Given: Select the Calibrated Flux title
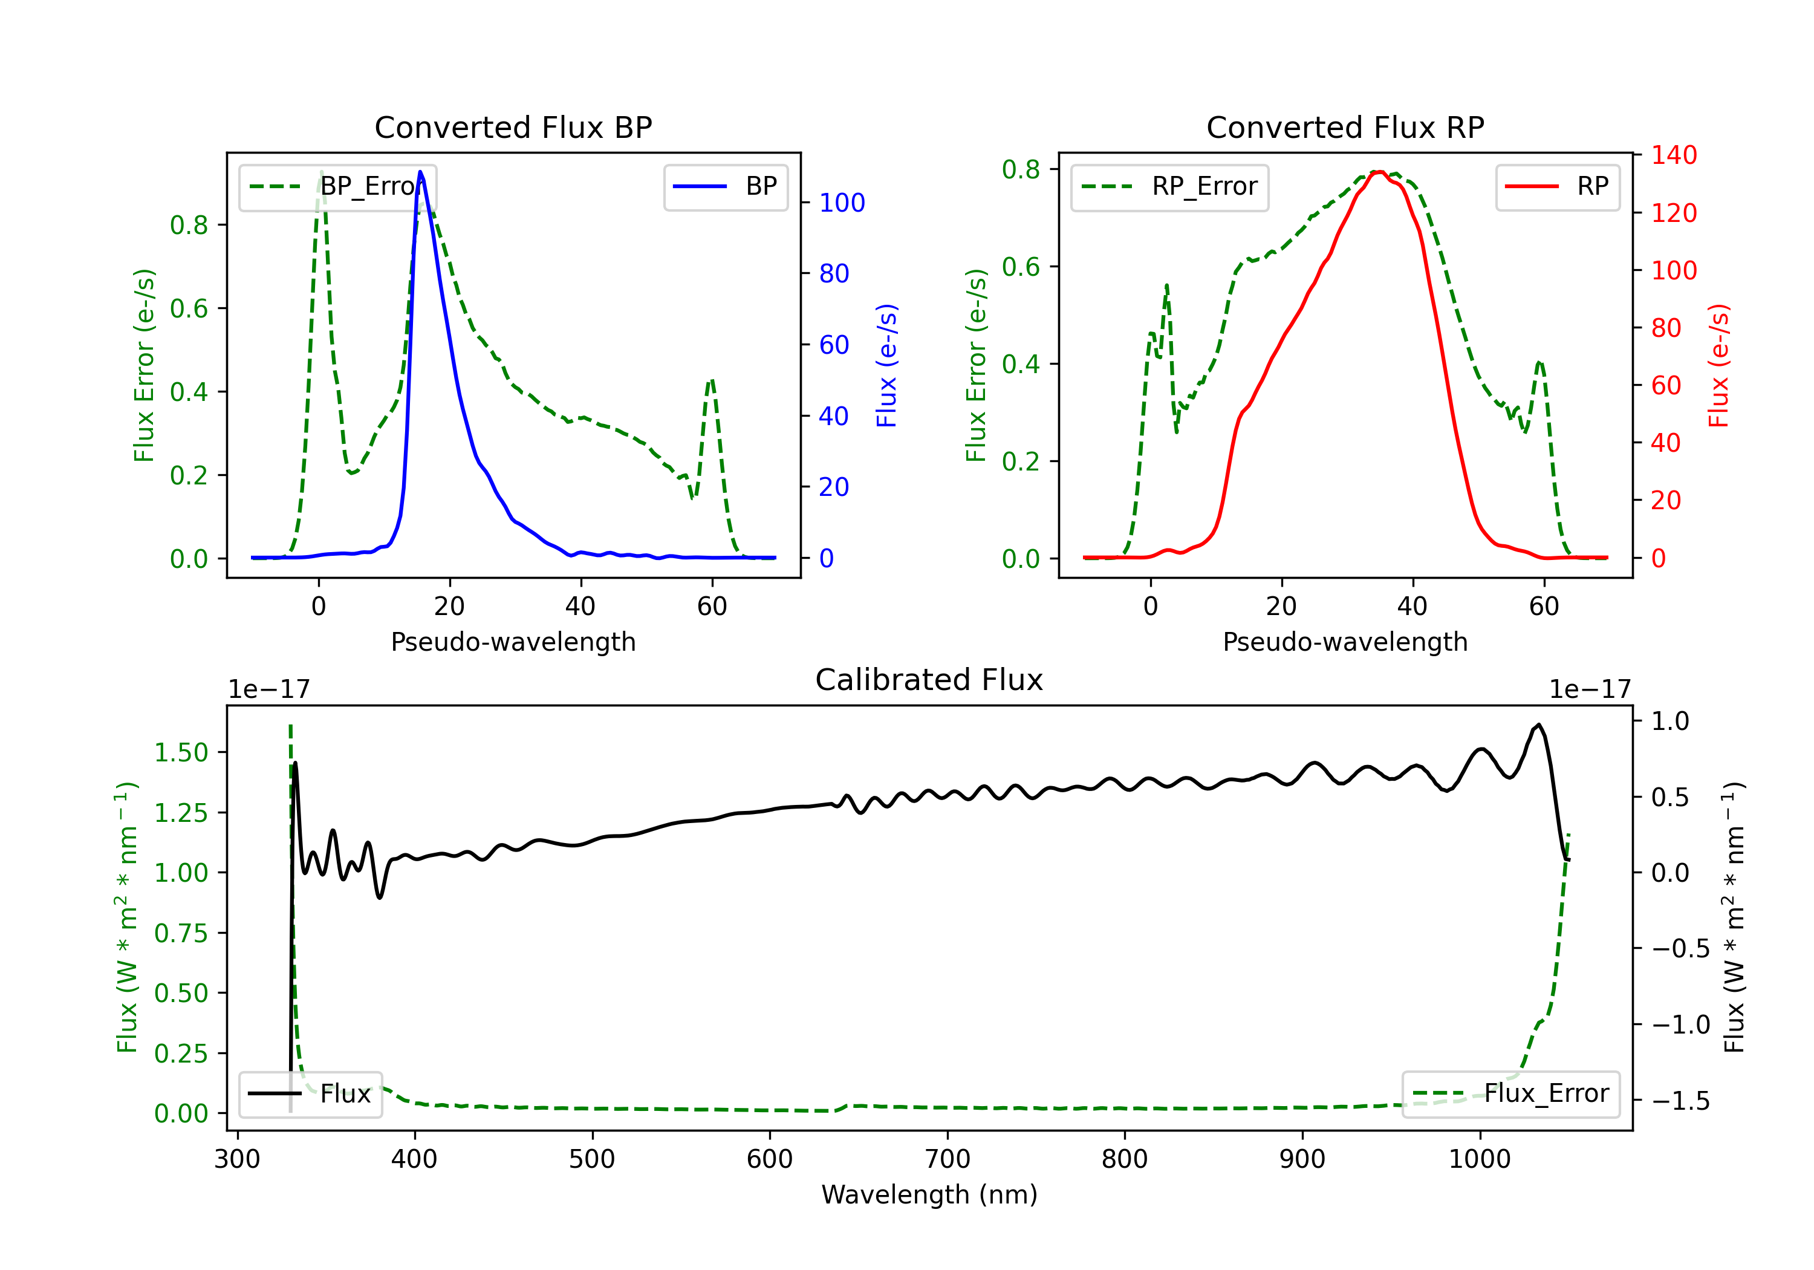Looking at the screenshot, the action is coord(929,680).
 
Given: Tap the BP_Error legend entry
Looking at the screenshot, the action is coord(338,186).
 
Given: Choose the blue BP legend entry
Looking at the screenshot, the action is coord(725,186).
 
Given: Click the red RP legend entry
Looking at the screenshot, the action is coord(1556,186).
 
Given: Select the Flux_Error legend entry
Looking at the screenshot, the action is coord(1510,1094).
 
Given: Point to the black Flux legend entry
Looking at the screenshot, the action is coord(310,1094).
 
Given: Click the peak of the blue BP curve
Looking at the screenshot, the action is coord(420,172).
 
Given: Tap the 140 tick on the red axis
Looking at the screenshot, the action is coord(1673,155).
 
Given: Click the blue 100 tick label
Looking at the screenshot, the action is coord(842,203).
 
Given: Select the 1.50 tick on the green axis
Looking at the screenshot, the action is coord(181,752).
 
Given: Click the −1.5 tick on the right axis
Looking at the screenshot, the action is coord(1680,1101).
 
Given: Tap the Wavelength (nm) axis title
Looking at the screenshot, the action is coord(929,1195).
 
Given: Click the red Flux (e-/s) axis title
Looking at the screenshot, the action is coord(1718,365).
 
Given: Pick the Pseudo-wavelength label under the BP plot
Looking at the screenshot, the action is coord(513,642).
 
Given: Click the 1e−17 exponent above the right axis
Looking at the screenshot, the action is coord(1590,690).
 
